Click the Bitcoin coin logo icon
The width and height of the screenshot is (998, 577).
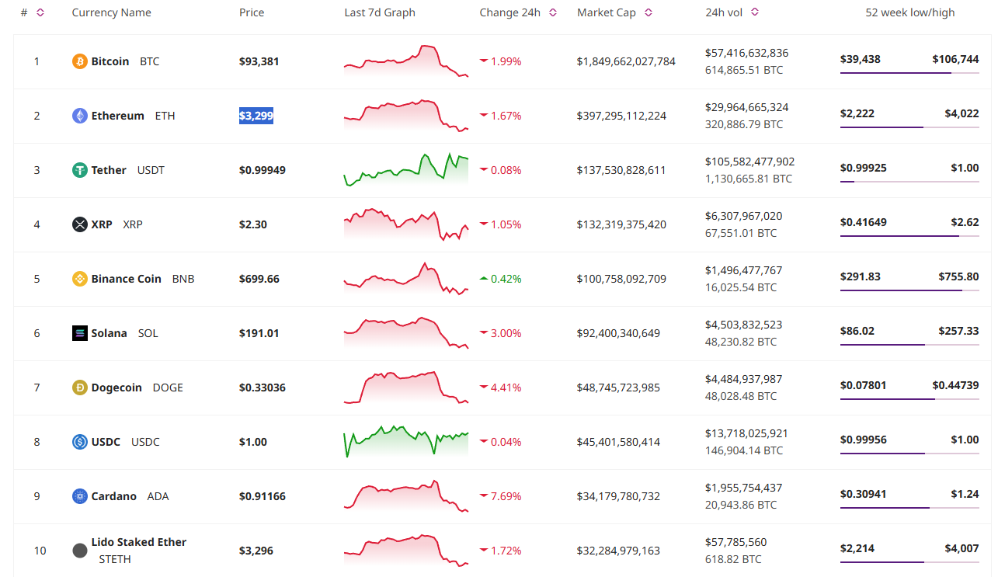(x=79, y=61)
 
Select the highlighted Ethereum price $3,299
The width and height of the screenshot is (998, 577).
(x=256, y=116)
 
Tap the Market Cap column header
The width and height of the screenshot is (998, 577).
(x=607, y=12)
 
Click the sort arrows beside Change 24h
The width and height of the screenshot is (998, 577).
(x=553, y=12)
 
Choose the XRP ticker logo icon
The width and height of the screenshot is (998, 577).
(x=79, y=224)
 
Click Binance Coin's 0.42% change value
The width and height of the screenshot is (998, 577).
(x=506, y=279)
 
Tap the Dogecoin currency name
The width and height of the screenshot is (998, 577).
(x=116, y=388)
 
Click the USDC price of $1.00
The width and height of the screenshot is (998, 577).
(x=253, y=442)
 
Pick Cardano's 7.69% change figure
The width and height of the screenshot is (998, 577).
(x=506, y=496)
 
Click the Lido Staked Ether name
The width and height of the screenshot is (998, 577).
(x=139, y=542)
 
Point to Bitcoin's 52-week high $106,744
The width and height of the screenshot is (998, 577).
(x=955, y=59)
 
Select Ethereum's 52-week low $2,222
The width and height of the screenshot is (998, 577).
(x=857, y=113)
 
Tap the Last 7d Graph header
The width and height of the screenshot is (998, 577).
(x=380, y=12)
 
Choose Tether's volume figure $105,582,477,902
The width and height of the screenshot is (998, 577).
(x=749, y=162)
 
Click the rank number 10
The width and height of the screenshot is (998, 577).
(x=40, y=551)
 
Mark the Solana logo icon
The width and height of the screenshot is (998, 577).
(x=79, y=333)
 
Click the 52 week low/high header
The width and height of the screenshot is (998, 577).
(x=910, y=12)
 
